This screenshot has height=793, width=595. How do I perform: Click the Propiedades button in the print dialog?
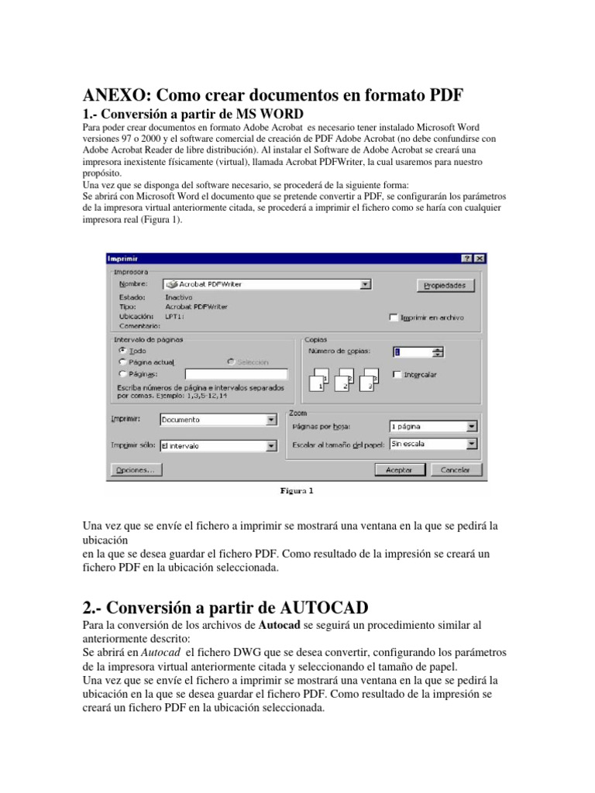pyautogui.click(x=444, y=286)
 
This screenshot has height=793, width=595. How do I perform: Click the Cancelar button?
pyautogui.click(x=456, y=470)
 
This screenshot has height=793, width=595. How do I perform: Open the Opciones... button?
pyautogui.click(x=136, y=470)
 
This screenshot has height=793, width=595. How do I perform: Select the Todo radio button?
pyautogui.click(x=122, y=350)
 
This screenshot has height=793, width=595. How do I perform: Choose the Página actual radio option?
pyautogui.click(x=122, y=362)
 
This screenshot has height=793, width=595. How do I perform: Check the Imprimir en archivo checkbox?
pyautogui.click(x=394, y=318)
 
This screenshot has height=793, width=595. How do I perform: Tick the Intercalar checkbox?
pyautogui.click(x=397, y=375)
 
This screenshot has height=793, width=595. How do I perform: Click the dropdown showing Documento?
pyautogui.click(x=218, y=420)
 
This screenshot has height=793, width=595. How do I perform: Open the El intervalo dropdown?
pyautogui.click(x=218, y=446)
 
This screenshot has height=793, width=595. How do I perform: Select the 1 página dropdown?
pyautogui.click(x=432, y=426)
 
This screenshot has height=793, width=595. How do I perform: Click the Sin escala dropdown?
pyautogui.click(x=432, y=445)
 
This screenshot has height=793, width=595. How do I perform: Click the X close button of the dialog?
pyautogui.click(x=480, y=258)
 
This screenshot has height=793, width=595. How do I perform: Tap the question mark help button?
pyautogui.click(x=467, y=258)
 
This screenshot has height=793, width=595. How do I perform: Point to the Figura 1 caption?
pyautogui.click(x=297, y=490)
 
